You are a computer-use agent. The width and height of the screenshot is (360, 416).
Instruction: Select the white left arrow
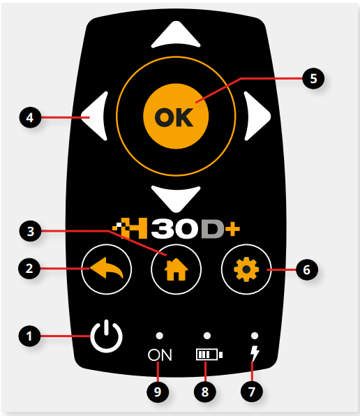(x=96, y=116)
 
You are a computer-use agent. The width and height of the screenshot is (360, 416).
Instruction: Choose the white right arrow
(x=257, y=116)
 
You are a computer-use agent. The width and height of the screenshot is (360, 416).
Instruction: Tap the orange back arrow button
(x=106, y=269)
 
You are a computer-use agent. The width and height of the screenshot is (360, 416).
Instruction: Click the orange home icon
(x=176, y=269)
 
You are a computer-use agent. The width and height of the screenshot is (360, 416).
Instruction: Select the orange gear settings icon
(x=246, y=269)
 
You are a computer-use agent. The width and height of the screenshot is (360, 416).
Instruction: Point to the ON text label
(x=160, y=355)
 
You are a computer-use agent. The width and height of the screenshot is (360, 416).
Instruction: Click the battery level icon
(x=209, y=355)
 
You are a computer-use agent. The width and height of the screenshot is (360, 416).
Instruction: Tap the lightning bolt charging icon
(x=255, y=354)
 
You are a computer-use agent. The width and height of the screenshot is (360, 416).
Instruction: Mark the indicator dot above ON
(x=159, y=336)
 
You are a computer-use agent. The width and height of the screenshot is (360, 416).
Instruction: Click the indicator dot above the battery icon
(x=207, y=336)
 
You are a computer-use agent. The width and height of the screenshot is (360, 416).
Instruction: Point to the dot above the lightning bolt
(x=255, y=336)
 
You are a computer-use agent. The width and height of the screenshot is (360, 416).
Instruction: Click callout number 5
(x=313, y=79)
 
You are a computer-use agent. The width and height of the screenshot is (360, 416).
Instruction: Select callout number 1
(x=29, y=336)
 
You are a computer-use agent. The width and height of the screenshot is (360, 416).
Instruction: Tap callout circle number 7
(x=252, y=392)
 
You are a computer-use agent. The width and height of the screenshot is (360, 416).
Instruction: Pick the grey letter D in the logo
(x=213, y=228)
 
